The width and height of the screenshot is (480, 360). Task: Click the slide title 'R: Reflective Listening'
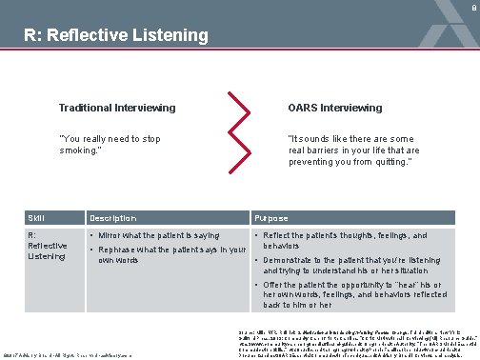coord(116,36)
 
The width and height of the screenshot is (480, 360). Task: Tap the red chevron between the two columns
coord(244,130)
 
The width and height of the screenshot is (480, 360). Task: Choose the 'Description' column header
coord(114,218)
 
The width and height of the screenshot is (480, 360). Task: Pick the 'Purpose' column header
coord(271,218)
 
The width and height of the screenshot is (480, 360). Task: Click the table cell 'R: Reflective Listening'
coord(47,245)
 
